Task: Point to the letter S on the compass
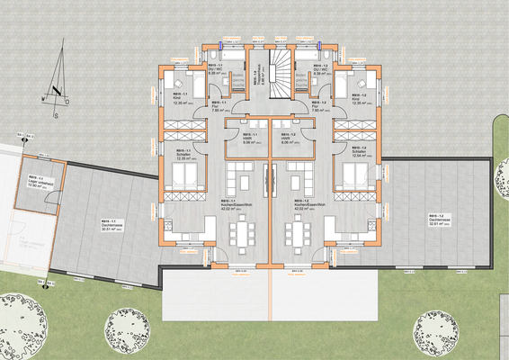(55, 115)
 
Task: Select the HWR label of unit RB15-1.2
(290, 138)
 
